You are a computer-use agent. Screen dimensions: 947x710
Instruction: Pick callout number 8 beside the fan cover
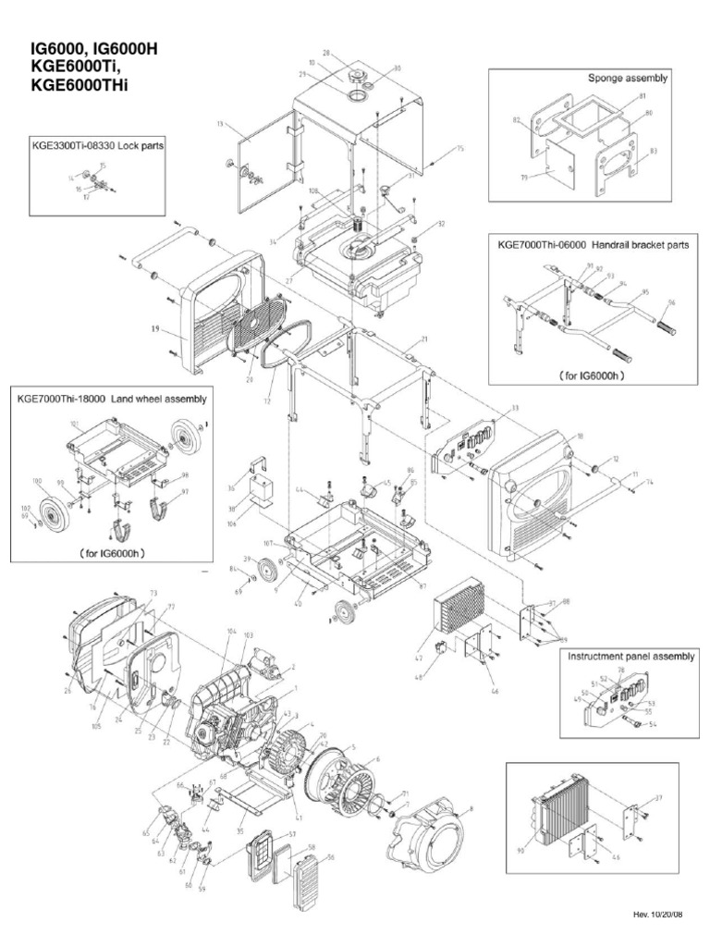pos(470,808)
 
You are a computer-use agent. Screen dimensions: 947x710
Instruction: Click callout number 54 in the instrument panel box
pos(653,725)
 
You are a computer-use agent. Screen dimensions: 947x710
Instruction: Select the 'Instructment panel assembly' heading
pos(630,656)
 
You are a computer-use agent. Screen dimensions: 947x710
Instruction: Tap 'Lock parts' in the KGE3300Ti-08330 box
pos(138,146)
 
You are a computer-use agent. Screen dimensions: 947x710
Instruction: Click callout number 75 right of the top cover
pos(460,148)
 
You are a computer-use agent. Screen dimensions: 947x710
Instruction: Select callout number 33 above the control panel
pos(489,407)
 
